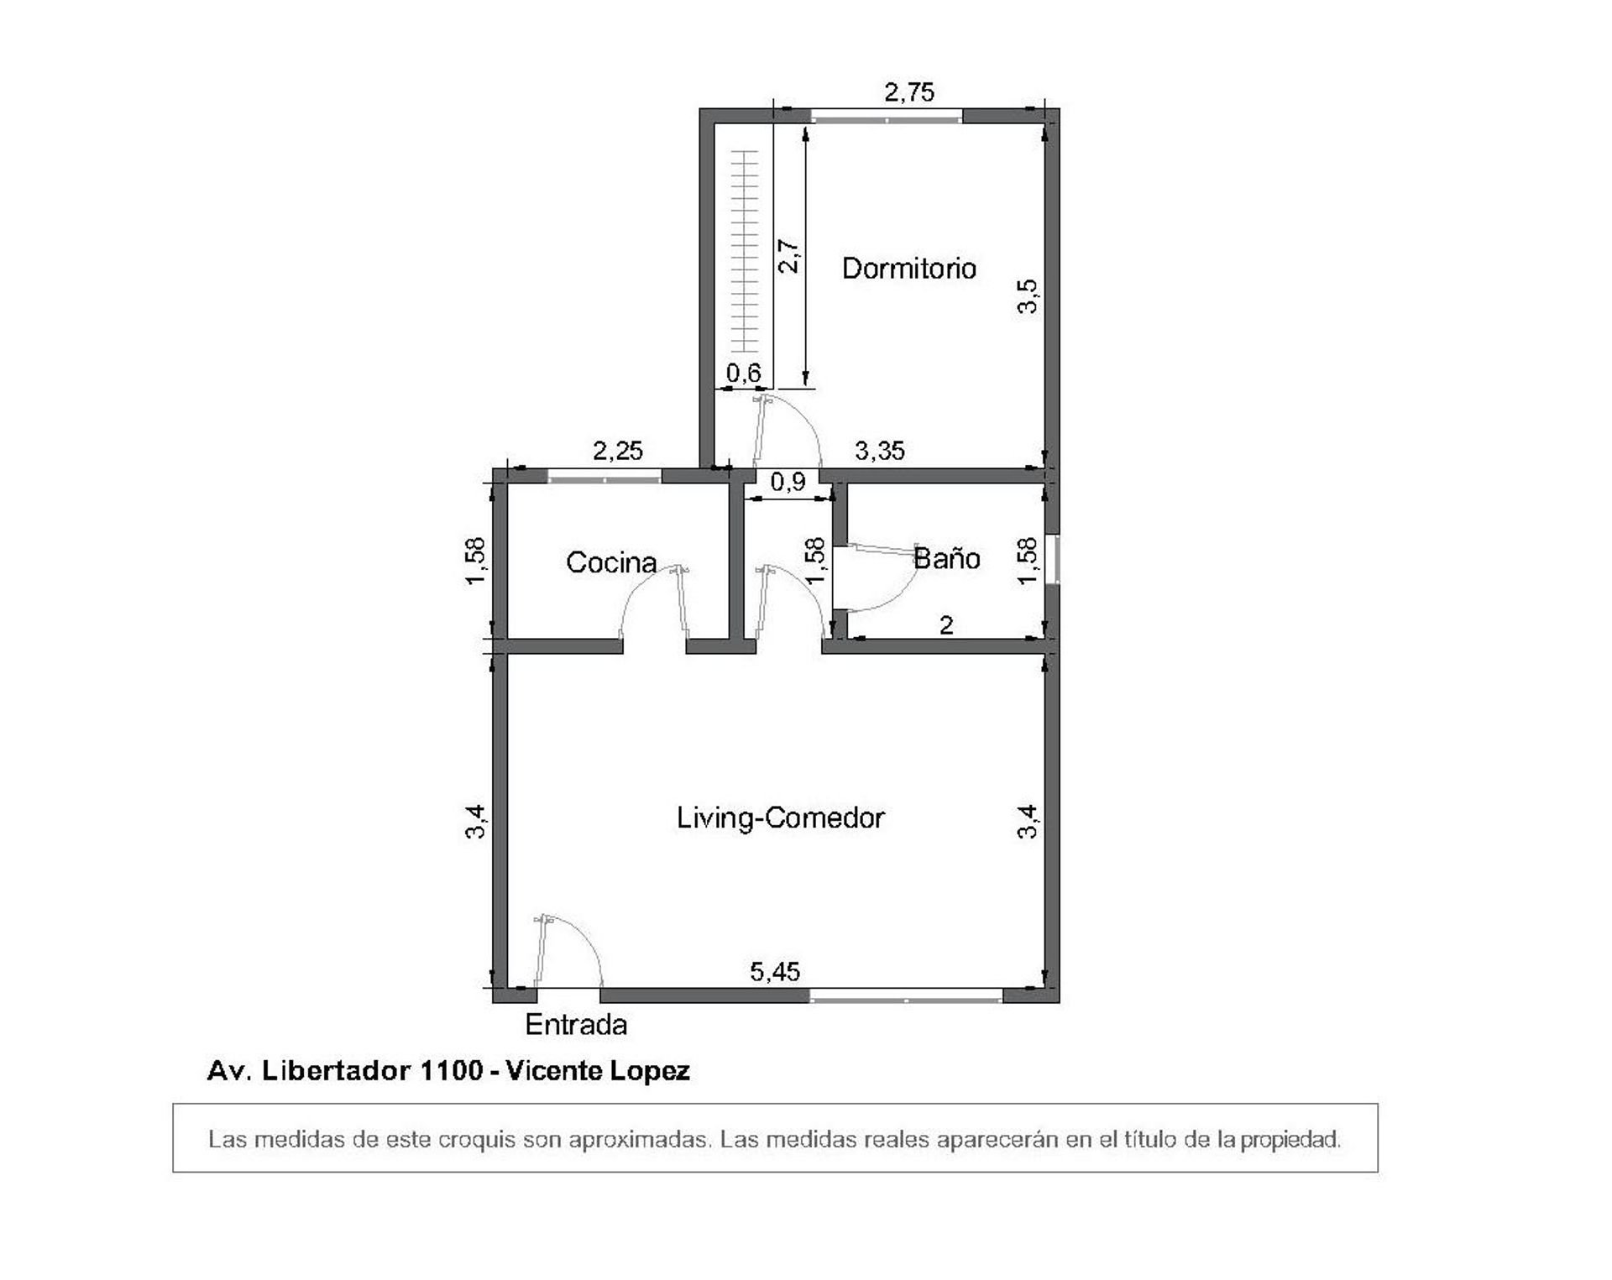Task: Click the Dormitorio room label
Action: [908, 269]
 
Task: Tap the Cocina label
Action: [611, 562]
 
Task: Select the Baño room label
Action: [946, 558]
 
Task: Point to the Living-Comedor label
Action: [781, 818]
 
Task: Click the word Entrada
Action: [576, 1025]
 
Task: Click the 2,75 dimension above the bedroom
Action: [909, 91]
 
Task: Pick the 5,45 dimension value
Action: [775, 972]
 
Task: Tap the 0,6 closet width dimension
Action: [743, 373]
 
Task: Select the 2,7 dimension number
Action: [789, 256]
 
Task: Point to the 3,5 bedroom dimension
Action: [1028, 296]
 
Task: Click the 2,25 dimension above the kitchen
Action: [618, 451]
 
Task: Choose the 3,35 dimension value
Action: [880, 451]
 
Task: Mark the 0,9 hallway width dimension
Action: [788, 482]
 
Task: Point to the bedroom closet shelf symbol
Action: [744, 251]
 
